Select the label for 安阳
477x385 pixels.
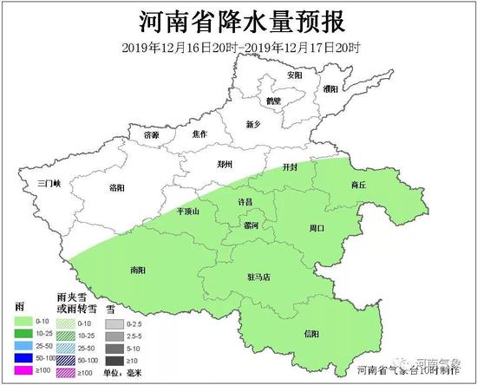(x=296, y=75)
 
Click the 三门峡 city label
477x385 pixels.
(x=40, y=183)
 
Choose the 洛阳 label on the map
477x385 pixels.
(x=118, y=187)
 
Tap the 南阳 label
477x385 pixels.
(x=138, y=269)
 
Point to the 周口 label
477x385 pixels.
(x=316, y=228)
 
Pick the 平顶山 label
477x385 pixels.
(x=187, y=212)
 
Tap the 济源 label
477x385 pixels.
(x=152, y=134)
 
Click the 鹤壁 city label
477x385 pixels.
(x=274, y=101)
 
